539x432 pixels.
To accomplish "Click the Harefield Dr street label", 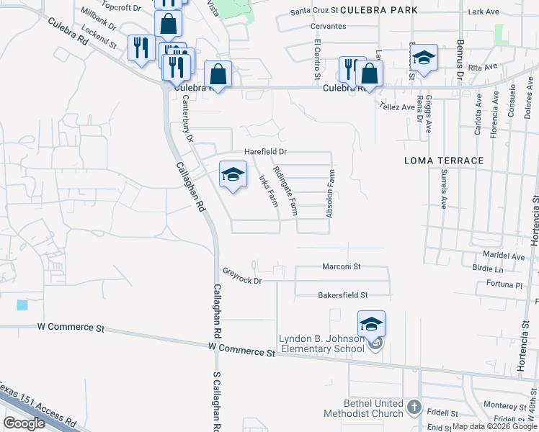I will point(265,152).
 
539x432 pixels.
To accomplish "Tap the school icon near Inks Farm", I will point(233,174).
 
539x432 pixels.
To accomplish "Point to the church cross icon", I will point(414,408).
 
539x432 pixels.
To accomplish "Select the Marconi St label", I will point(342,266).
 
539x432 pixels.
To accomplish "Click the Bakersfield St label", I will point(343,295).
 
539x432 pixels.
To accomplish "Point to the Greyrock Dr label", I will point(242,276).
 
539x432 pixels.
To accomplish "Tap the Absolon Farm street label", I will point(331,194).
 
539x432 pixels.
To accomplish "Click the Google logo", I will point(24,423).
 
